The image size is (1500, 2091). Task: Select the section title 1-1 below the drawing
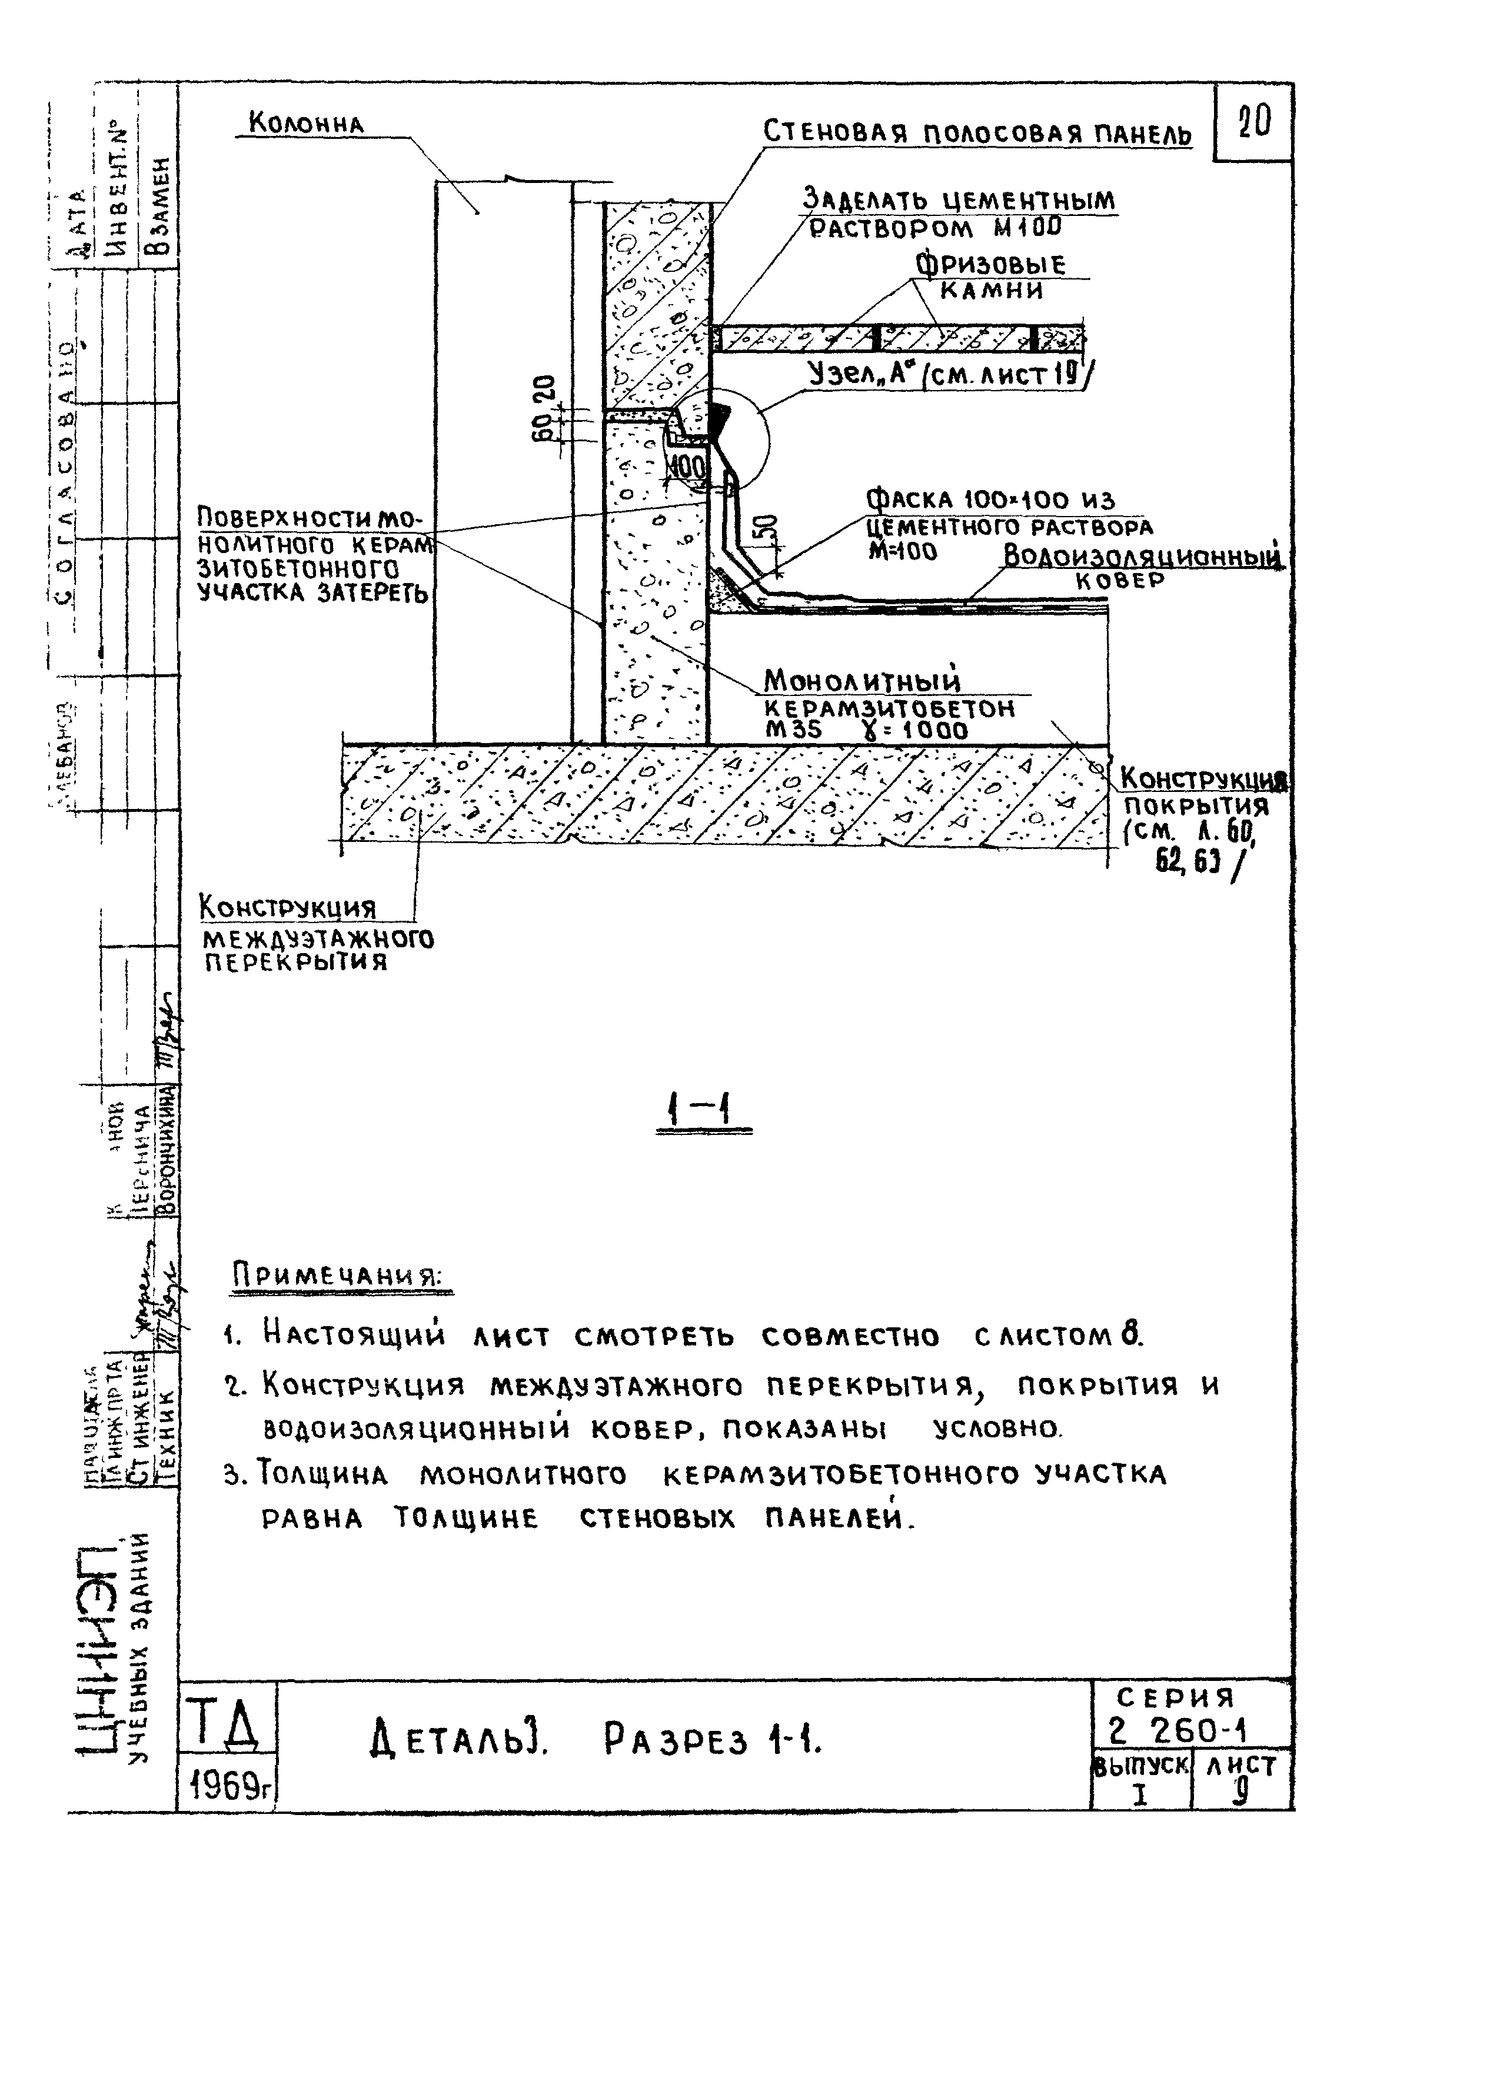[703, 1115]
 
